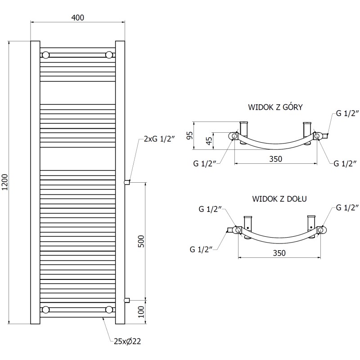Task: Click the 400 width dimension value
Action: pyautogui.click(x=77, y=18)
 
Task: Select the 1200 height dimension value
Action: pyautogui.click(x=5, y=182)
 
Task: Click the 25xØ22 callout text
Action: pyautogui.click(x=128, y=342)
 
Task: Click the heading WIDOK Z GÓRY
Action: pyautogui.click(x=275, y=108)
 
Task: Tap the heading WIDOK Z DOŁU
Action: pyautogui.click(x=279, y=198)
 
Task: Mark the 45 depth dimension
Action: pyautogui.click(x=209, y=141)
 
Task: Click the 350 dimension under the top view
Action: pyautogui.click(x=275, y=159)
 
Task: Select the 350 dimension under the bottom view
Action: pyautogui.click(x=279, y=253)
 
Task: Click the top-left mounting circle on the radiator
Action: pyautogui.click(x=45, y=55)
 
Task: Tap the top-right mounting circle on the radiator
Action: pyautogui.click(x=109, y=55)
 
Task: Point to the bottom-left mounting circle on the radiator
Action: pyautogui.click(x=45, y=309)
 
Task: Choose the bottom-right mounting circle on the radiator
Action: pyautogui.click(x=109, y=309)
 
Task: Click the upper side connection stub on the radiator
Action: pyautogui.click(x=127, y=182)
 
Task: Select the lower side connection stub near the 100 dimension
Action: pyautogui.click(x=127, y=300)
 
